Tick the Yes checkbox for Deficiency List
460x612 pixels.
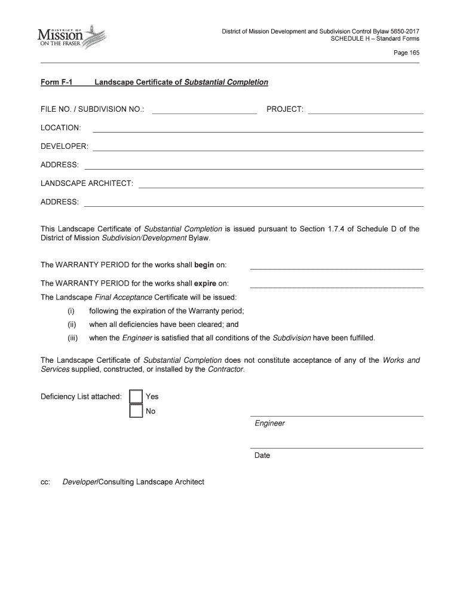[136, 396]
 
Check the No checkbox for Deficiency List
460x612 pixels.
[136, 411]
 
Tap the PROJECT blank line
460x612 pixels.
[365, 110]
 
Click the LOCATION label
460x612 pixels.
[61, 128]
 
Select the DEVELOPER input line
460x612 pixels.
[257, 147]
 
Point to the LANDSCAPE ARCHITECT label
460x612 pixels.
[87, 183]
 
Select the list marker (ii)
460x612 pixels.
[72, 325]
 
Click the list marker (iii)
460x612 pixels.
[72, 338]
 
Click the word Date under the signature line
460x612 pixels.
[262, 455]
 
